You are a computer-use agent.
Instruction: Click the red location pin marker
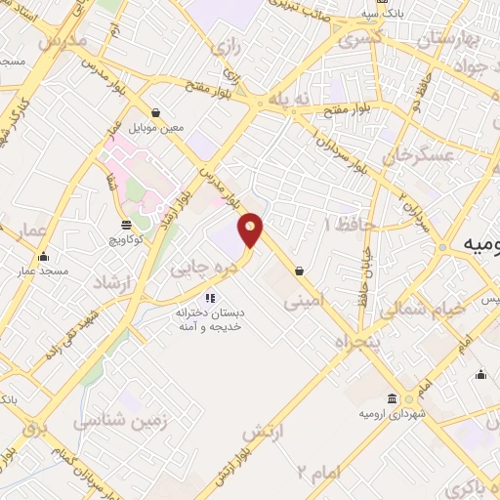(x=252, y=229)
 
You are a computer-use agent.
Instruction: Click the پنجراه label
(x=355, y=344)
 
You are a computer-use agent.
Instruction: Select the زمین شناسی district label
(x=120, y=421)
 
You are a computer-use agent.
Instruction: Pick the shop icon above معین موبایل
(x=156, y=111)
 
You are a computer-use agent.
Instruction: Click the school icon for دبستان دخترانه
(x=209, y=298)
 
